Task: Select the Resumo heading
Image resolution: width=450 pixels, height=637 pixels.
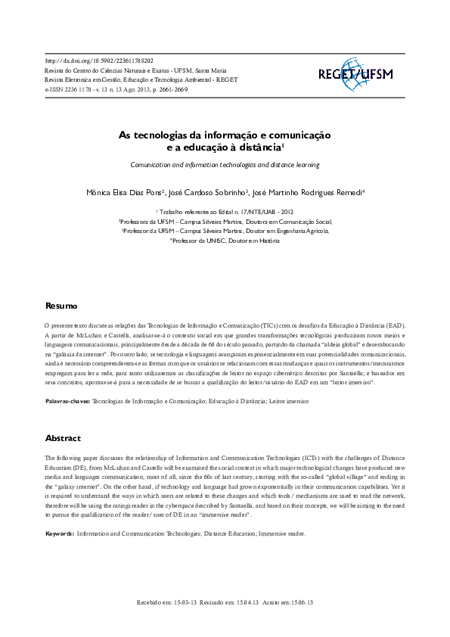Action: click(x=61, y=306)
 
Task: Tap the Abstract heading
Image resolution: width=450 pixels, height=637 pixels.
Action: click(x=63, y=438)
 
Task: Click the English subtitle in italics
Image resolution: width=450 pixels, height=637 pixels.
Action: click(x=225, y=163)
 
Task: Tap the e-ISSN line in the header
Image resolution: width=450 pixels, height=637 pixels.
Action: click(x=116, y=89)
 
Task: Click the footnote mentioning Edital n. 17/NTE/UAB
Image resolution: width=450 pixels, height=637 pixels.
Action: click(x=225, y=213)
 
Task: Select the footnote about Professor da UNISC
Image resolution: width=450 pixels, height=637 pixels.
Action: click(x=225, y=241)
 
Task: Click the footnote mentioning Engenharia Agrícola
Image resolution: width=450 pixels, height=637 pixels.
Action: click(x=225, y=231)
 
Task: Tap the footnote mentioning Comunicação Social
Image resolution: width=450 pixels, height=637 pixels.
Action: click(x=225, y=222)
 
